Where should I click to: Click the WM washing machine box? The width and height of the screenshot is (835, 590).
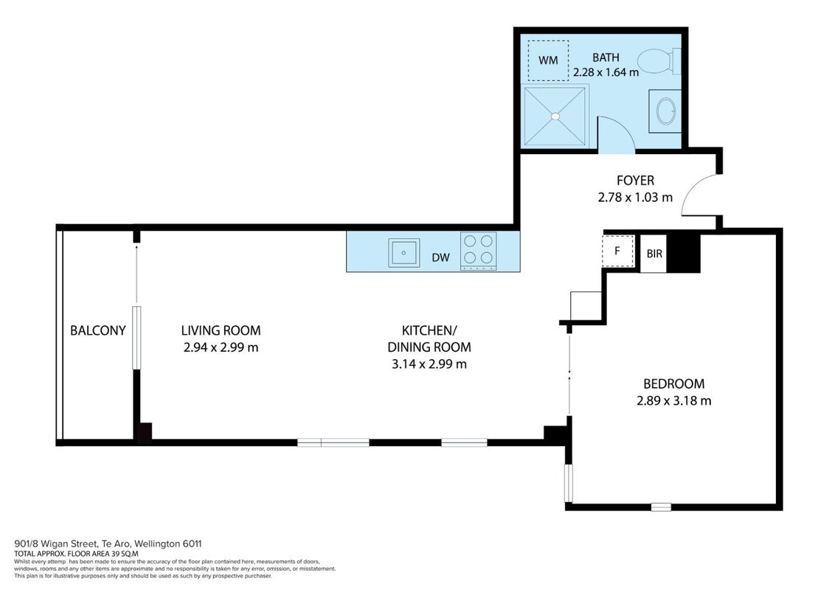(x=548, y=60)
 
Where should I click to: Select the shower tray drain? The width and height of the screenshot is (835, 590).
(x=555, y=116)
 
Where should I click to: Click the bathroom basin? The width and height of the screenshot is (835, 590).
(x=665, y=111)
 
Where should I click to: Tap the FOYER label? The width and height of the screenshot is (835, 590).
(x=635, y=181)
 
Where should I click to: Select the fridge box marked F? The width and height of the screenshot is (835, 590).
(x=617, y=250)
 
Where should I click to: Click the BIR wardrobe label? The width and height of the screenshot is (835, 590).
(x=654, y=254)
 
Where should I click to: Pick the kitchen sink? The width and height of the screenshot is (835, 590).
(x=403, y=252)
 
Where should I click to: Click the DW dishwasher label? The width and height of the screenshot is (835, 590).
(x=441, y=257)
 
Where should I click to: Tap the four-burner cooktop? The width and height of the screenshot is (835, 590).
(x=478, y=250)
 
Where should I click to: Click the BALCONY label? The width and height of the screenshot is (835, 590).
(x=98, y=330)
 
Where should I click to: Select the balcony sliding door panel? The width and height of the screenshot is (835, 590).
(x=137, y=338)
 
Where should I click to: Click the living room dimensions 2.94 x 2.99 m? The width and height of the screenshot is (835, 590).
(x=221, y=347)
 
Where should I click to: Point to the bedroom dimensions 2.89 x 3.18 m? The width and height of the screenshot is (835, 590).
(x=673, y=400)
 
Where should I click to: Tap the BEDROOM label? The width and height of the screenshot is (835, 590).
(x=673, y=384)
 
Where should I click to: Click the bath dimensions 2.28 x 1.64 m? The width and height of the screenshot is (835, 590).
(x=606, y=72)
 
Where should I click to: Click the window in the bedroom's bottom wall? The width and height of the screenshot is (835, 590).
(x=661, y=507)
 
